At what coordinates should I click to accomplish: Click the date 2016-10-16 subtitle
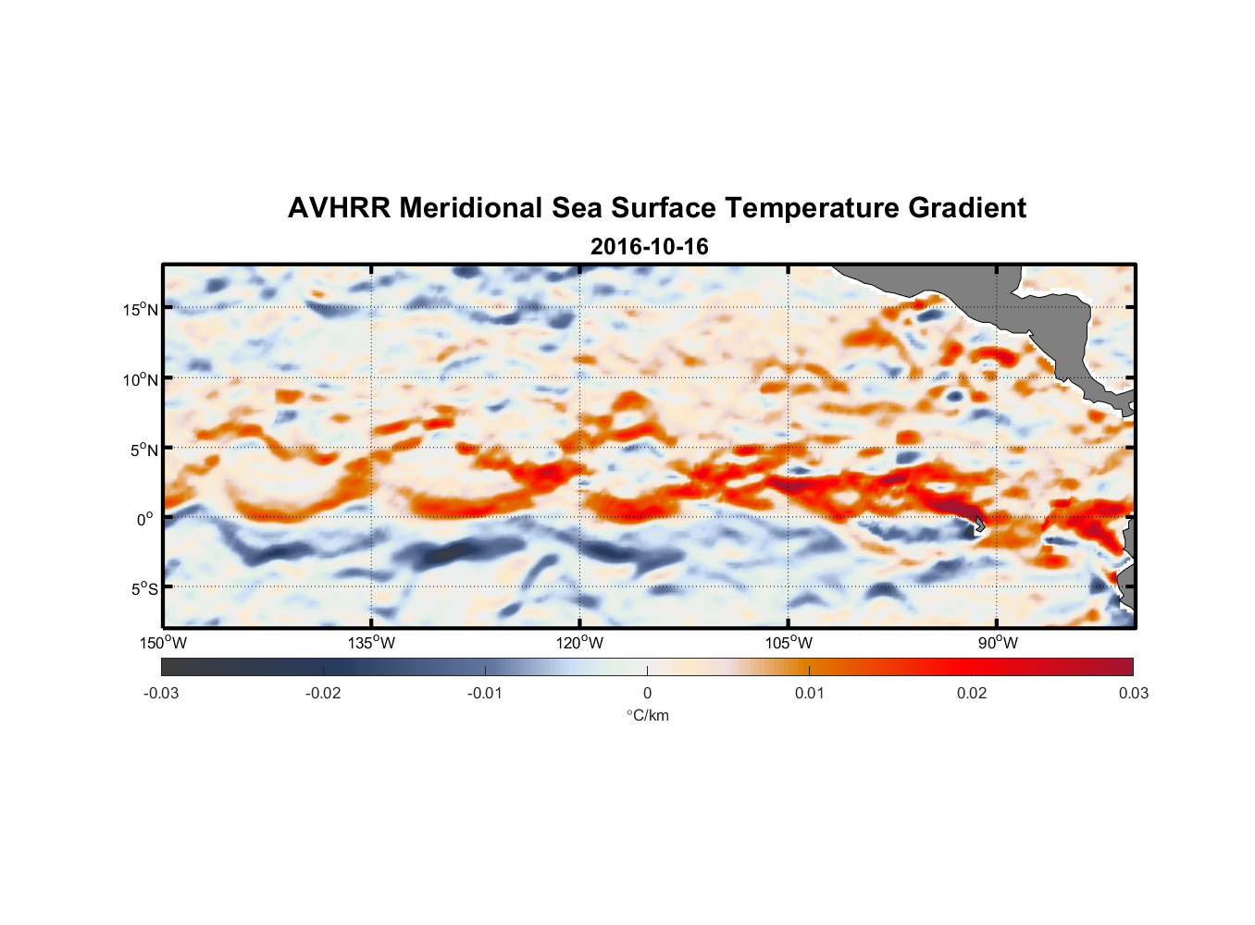(x=649, y=247)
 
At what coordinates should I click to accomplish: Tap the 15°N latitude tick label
(x=141, y=309)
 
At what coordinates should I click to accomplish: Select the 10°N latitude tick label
(x=141, y=379)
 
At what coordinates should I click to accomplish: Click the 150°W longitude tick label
(x=163, y=643)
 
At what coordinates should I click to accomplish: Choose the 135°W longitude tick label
(x=372, y=643)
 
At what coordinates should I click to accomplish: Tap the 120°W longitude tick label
(x=580, y=643)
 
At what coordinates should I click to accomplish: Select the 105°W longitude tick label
(x=789, y=643)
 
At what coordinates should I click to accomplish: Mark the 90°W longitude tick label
(x=998, y=643)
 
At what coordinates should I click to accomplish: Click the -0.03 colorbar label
(x=161, y=693)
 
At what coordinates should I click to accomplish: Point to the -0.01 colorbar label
(x=485, y=693)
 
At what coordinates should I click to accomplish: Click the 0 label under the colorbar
(x=647, y=693)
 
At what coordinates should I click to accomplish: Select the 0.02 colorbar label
(x=972, y=693)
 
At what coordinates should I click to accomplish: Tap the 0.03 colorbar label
(x=1133, y=693)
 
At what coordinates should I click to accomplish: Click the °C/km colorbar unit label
(x=648, y=715)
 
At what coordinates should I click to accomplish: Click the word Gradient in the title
(x=967, y=208)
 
